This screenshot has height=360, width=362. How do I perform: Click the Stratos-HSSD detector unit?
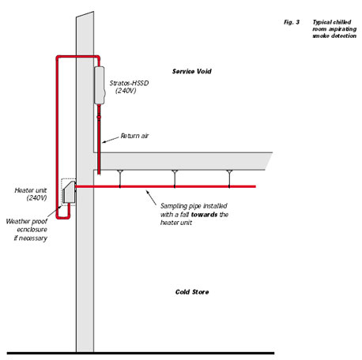[x=100, y=85]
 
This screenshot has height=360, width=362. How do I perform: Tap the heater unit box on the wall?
[x=70, y=192]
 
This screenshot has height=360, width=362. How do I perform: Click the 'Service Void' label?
[x=192, y=71]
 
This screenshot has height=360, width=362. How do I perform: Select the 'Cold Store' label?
[x=192, y=292]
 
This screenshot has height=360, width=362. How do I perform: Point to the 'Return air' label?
[x=134, y=136]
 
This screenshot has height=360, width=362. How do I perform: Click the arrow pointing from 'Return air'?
[x=111, y=140]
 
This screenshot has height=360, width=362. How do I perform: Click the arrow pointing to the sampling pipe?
[x=151, y=197]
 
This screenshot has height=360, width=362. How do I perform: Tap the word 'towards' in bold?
[x=204, y=215]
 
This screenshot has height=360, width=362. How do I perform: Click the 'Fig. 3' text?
[x=292, y=22]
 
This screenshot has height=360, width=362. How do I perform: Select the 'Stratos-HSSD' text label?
[x=129, y=83]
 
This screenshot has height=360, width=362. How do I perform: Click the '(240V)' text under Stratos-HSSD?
[x=126, y=91]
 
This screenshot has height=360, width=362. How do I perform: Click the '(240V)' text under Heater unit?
[x=36, y=198]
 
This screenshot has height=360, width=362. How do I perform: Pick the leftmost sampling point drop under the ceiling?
[x=120, y=178]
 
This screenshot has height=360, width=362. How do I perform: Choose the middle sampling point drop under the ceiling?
[x=175, y=178]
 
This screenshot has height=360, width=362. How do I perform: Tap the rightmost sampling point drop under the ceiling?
[x=229, y=178]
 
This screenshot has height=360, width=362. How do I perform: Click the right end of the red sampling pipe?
[x=255, y=186]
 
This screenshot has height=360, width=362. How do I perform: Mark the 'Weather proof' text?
[x=26, y=222]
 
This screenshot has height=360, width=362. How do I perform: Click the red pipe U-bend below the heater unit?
[x=63, y=217]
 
